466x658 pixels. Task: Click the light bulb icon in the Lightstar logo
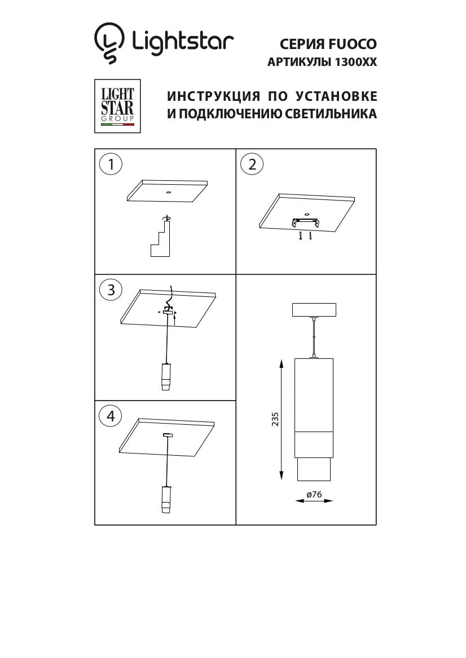[109, 42]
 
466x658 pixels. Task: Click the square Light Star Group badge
[117, 106]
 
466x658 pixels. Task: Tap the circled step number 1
[111, 164]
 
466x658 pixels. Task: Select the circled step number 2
[252, 164]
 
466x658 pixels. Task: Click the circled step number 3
[111, 290]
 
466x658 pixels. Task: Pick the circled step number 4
[111, 416]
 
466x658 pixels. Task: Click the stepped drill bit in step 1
[160, 239]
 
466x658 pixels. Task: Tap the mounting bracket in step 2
[305, 223]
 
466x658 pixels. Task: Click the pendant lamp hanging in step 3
[166, 376]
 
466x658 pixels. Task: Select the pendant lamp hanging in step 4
[166, 499]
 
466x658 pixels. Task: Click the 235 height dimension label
[275, 420]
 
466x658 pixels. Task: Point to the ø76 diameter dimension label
[314, 494]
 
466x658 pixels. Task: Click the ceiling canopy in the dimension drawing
[314, 310]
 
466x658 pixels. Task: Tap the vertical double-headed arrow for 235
[282, 420]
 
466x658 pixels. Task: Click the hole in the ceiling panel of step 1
[168, 193]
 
